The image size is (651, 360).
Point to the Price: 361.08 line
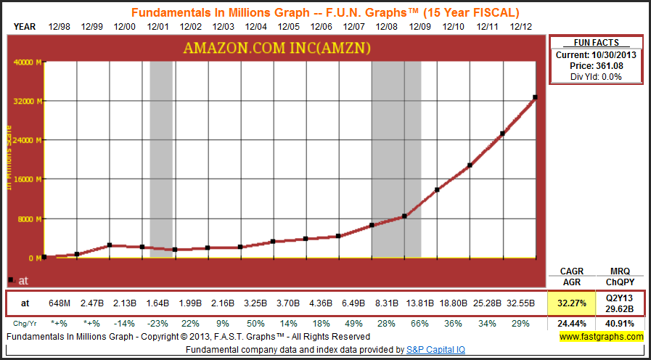[x=595, y=66]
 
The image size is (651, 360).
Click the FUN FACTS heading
[x=595, y=43]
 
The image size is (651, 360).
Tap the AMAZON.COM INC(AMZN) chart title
[x=278, y=48]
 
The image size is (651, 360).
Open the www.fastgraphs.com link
[x=601, y=337]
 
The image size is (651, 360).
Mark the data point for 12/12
[x=536, y=97]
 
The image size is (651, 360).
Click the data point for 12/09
[x=437, y=189]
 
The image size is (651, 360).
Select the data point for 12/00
[x=110, y=245]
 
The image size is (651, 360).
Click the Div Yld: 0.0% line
[x=595, y=76]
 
